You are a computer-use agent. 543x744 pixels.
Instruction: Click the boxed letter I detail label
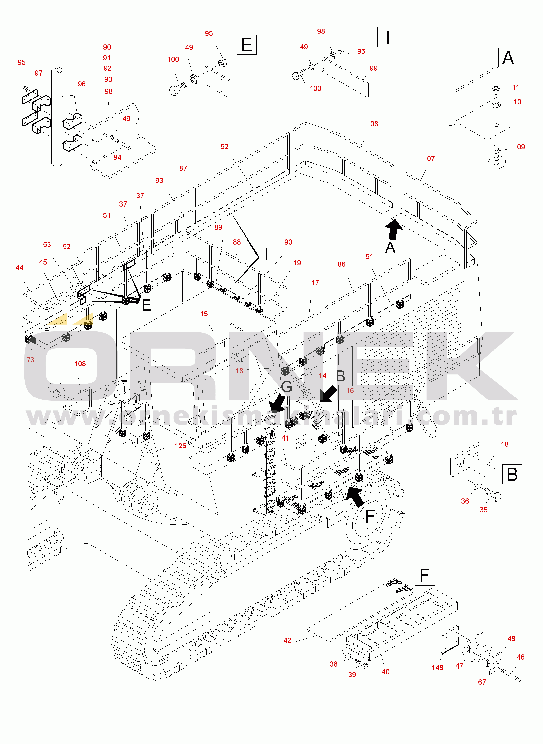coord(387,37)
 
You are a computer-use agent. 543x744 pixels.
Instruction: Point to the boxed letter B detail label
coord(512,474)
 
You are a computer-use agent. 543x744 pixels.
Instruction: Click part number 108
coord(80,364)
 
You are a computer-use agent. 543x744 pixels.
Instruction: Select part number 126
coord(181,446)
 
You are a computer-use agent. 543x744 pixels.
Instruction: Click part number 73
coord(31,360)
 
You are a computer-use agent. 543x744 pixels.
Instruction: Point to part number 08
coord(374,124)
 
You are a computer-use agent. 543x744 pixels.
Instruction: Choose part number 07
coord(431,158)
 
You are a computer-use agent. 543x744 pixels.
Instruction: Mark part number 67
coord(482,682)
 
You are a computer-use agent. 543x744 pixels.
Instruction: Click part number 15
coord(204,314)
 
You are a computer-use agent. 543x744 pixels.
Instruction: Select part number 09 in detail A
coord(521,147)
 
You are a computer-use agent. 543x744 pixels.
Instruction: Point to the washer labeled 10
coord(496,105)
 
